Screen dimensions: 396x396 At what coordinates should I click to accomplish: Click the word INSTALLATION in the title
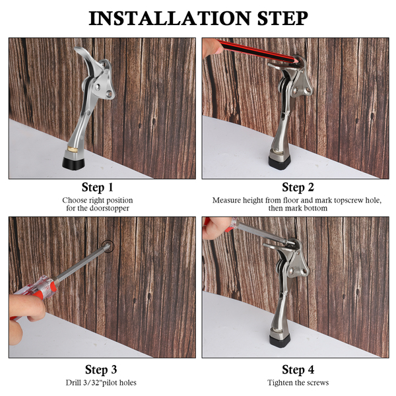[169, 18]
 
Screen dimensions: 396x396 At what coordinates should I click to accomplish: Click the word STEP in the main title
[282, 18]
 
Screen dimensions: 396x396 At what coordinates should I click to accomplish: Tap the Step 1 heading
[98, 187]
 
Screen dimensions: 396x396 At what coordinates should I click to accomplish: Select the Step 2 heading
[298, 187]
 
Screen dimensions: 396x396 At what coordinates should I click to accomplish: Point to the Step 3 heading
[101, 370]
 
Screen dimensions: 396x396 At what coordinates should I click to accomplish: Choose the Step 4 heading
[298, 370]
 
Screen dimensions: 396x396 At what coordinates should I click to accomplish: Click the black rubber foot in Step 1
[73, 164]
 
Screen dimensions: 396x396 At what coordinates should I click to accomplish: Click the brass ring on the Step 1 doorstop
[73, 149]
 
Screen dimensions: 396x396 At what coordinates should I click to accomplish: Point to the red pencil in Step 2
[257, 51]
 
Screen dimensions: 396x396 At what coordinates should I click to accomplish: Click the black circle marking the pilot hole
[108, 246]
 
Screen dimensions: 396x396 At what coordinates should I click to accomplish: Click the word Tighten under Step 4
[279, 383]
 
